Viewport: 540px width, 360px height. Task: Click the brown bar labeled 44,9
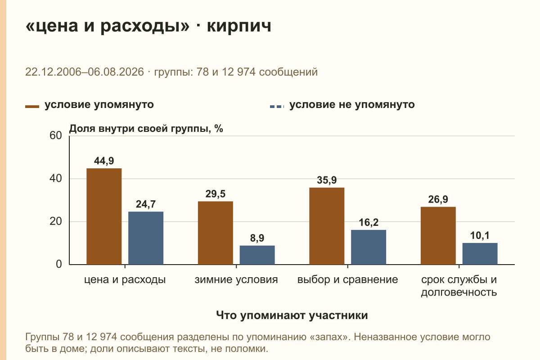point(104,216)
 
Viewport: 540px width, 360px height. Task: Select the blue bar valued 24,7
point(146,238)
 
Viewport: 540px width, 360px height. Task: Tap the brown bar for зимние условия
point(215,233)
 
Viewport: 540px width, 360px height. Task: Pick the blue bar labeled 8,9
point(257,255)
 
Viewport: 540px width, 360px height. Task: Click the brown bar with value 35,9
point(327,226)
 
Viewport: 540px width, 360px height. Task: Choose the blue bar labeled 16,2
point(369,247)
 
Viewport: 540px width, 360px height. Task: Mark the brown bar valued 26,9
point(438,236)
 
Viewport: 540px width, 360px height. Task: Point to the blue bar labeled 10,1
point(480,254)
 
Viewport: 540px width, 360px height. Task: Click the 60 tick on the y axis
point(56,135)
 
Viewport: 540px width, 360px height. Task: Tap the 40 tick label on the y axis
point(56,179)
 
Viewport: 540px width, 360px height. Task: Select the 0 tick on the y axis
point(59,264)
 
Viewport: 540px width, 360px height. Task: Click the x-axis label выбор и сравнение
point(347,280)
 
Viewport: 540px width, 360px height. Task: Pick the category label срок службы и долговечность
point(459,286)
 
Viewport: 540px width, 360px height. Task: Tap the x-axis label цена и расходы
point(125,280)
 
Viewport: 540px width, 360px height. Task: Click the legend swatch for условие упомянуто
point(32,107)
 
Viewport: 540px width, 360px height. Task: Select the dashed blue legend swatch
point(277,107)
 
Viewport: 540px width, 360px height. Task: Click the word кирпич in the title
point(239,26)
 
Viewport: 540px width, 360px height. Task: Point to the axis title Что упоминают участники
point(292,315)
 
